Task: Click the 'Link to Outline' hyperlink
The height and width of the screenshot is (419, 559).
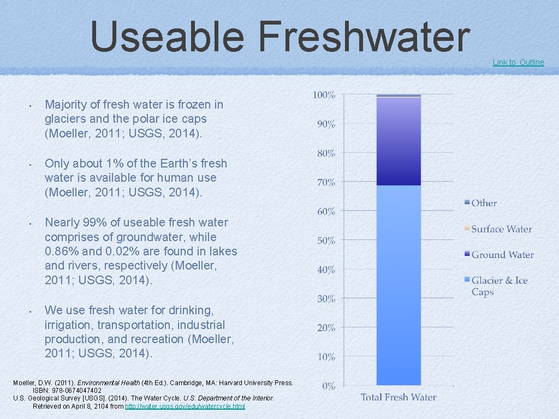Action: (x=518, y=62)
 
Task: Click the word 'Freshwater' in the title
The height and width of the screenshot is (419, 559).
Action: (x=364, y=37)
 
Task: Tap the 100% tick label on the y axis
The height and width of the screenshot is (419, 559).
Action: (x=324, y=95)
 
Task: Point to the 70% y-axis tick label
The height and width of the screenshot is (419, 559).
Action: (x=326, y=182)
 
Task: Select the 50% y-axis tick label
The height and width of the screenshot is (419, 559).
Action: (x=326, y=241)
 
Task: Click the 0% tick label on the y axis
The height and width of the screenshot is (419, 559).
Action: (x=328, y=386)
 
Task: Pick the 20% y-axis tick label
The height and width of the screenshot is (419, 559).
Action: (x=326, y=328)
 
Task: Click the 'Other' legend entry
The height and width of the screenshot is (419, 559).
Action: (x=484, y=203)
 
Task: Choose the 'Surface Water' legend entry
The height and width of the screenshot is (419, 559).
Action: (x=501, y=229)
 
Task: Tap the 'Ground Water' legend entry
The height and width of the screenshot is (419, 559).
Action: (x=502, y=255)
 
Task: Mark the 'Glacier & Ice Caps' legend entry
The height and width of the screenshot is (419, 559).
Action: (x=499, y=286)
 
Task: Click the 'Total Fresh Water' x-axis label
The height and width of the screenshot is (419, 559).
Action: (x=399, y=397)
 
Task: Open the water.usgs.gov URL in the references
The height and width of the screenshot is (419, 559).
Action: (x=185, y=406)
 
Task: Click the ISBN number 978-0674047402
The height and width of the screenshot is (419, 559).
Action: (x=75, y=391)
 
